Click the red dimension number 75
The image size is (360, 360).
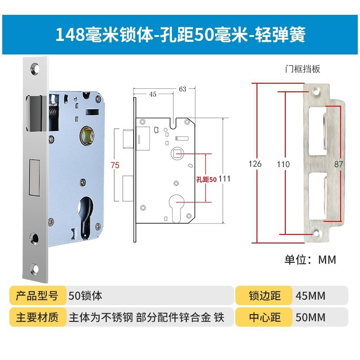115,165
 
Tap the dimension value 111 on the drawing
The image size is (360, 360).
225,179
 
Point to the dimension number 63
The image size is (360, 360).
182,89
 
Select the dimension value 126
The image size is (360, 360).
255,164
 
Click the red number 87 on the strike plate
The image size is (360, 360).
338,164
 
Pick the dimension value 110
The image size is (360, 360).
283,164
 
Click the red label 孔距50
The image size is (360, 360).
207,179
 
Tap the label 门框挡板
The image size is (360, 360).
302,69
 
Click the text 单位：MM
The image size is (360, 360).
310,260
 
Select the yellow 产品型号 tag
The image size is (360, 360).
37,296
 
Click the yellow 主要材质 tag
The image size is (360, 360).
37,317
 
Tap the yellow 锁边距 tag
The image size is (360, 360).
265,296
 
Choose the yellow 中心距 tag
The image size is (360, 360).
265,317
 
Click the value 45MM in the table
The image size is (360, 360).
310,296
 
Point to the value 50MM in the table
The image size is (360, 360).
310,317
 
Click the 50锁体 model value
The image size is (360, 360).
85,296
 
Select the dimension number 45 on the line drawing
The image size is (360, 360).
153,94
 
